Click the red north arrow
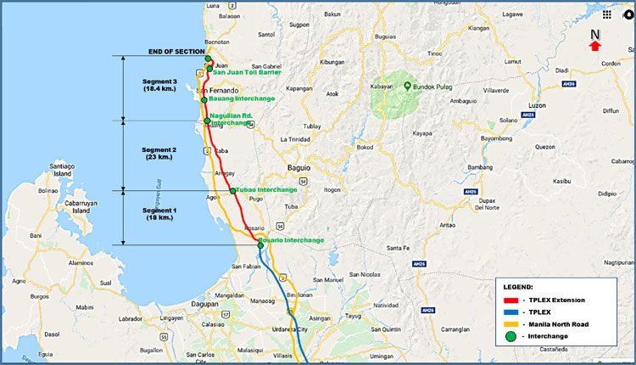tap(595, 46)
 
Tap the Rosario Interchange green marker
tap(260, 244)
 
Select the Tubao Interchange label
tap(266, 189)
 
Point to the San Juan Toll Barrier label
tap(247, 74)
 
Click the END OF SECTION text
tap(176, 52)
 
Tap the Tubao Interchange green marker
tap(232, 191)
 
